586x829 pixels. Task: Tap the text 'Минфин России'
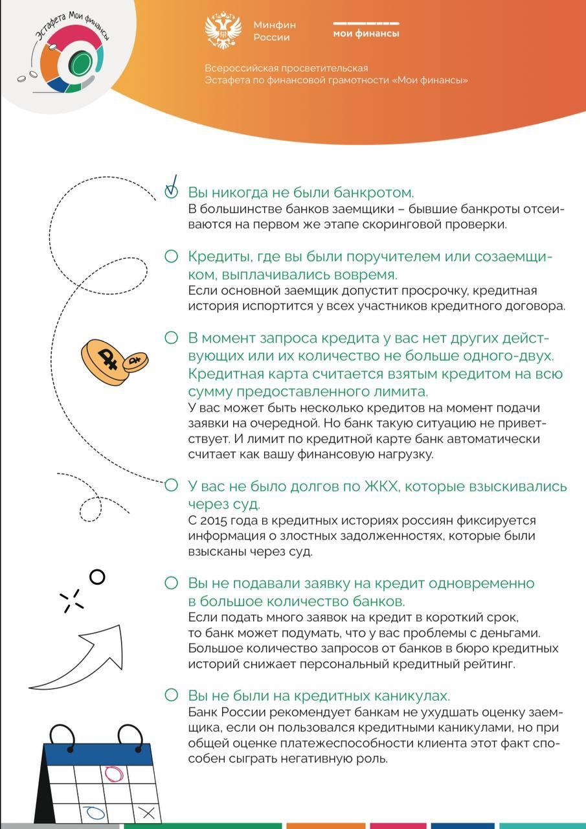coord(275,31)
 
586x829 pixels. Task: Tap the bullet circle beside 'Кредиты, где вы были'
coord(171,256)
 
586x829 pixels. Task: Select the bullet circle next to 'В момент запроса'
coord(171,337)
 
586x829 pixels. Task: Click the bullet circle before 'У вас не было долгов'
coord(171,485)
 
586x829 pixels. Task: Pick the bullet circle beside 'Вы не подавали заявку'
coord(171,583)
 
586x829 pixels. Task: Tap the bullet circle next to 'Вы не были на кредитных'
coord(171,695)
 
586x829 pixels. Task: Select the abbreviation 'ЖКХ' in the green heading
coord(389,486)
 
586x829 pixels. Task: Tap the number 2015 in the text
coord(214,521)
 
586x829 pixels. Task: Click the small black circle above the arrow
coord(97,576)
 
